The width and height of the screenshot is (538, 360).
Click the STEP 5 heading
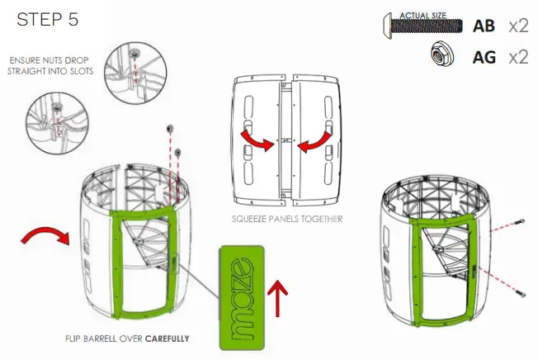point(48,21)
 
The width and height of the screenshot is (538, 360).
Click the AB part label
point(484,26)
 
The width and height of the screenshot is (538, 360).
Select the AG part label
point(484,57)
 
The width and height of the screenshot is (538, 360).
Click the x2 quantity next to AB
point(518,26)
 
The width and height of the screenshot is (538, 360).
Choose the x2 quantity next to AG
point(518,57)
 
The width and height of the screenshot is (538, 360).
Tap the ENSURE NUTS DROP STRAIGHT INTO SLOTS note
point(52,67)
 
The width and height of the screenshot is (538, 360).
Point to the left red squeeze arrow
point(255,141)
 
